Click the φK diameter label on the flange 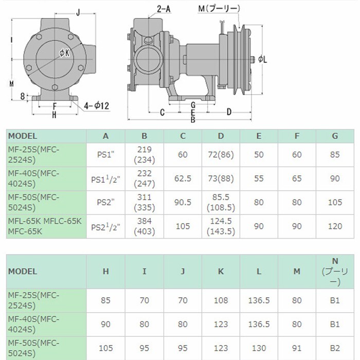[x=64, y=53]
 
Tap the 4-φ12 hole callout [x=96, y=106]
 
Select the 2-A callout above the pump [x=164, y=9]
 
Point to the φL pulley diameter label [x=262, y=60]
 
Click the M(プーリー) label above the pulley [x=219, y=9]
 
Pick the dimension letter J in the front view [x=78, y=12]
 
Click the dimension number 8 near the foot [x=22, y=96]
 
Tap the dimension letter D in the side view [x=229, y=112]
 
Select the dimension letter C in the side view [x=163, y=112]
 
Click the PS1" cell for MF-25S [x=105, y=154]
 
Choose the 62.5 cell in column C [x=183, y=178]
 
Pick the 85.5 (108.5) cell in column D [x=221, y=202]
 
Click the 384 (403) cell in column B [x=145, y=226]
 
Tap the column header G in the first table [x=335, y=136]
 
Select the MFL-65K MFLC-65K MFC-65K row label [x=45, y=226]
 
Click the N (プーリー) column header [x=335, y=272]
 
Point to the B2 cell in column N [x=335, y=348]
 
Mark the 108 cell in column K [x=221, y=300]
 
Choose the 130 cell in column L [x=259, y=348]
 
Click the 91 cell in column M [x=297, y=348]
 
